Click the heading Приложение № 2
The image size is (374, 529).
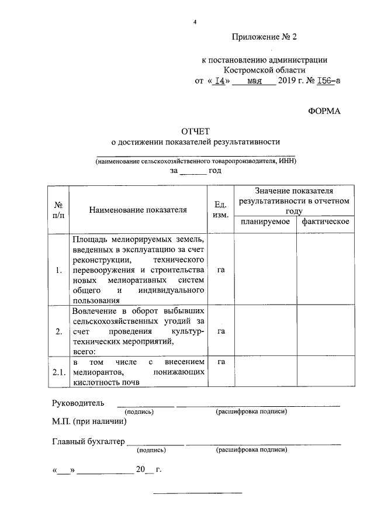tap(265, 37)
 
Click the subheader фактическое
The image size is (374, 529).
tap(325, 222)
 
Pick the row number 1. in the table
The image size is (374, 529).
tap(58, 270)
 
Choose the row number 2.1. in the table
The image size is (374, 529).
tap(58, 372)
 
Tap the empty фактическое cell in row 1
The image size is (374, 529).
tap(325, 269)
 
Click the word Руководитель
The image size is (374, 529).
tap(78, 403)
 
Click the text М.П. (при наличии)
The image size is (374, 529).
tap(89, 421)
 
